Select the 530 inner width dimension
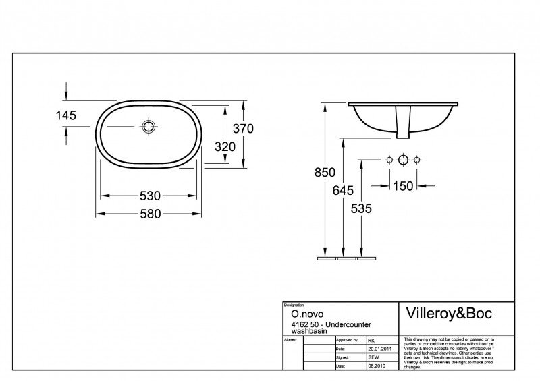pos(150,196)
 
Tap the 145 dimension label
pos(65,115)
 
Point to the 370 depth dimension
pos(242,129)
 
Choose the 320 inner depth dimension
pos(224,146)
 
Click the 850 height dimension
pos(325,172)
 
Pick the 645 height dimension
pos(344,190)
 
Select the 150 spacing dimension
pos(402,186)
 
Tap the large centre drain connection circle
pos(403,160)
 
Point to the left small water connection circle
pos(389,160)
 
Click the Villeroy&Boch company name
pos(448,314)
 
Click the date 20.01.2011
pos(380,348)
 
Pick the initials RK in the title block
pos(371,341)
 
